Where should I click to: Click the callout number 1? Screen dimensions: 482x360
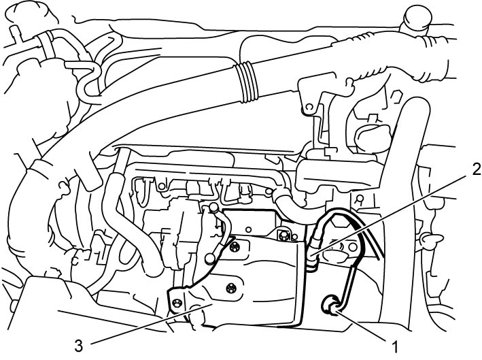(395, 347)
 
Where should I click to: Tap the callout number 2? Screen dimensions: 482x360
(476, 169)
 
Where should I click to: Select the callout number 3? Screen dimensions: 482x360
(79, 346)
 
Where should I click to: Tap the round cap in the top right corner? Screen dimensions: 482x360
(417, 18)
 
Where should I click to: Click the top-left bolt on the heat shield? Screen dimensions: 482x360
(235, 246)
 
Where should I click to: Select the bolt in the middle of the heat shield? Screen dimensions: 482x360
(230, 288)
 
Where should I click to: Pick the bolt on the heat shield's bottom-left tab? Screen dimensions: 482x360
(177, 303)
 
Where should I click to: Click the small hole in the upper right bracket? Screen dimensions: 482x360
(309, 106)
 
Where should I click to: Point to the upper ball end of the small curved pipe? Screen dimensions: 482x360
(212, 208)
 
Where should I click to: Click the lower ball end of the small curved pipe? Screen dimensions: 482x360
(210, 258)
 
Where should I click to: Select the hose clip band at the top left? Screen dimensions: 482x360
(45, 43)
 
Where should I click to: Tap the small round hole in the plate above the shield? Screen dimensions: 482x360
(249, 229)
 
